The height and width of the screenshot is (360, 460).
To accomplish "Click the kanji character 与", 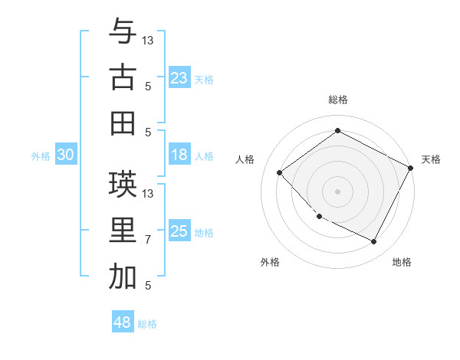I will [123, 32].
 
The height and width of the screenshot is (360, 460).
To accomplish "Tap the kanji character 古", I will [123, 77].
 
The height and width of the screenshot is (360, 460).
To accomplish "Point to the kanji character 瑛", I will [123, 184].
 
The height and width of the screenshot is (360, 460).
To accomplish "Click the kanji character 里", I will [123, 231].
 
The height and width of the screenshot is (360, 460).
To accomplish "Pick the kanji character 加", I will [123, 277].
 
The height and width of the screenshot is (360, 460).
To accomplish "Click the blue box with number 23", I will [179, 77].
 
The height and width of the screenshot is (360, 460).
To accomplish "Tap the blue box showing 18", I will [179, 155].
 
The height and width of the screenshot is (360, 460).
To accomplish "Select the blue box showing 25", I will [179, 231].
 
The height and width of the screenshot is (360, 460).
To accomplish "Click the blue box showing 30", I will [65, 155].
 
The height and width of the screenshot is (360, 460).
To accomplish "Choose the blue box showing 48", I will [122, 322].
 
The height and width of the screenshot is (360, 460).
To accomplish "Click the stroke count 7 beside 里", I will [148, 240].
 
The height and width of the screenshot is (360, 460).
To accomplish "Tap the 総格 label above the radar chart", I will [337, 100].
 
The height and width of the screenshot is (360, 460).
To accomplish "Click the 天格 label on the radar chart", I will [431, 159].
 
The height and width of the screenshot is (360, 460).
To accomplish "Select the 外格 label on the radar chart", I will [270, 262].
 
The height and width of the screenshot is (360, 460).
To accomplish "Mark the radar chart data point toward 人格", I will [280, 173].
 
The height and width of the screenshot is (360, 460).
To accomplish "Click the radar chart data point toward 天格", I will [411, 168].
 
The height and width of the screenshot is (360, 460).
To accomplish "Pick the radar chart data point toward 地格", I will [374, 242].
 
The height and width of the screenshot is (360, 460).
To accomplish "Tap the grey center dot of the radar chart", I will [337, 191].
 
